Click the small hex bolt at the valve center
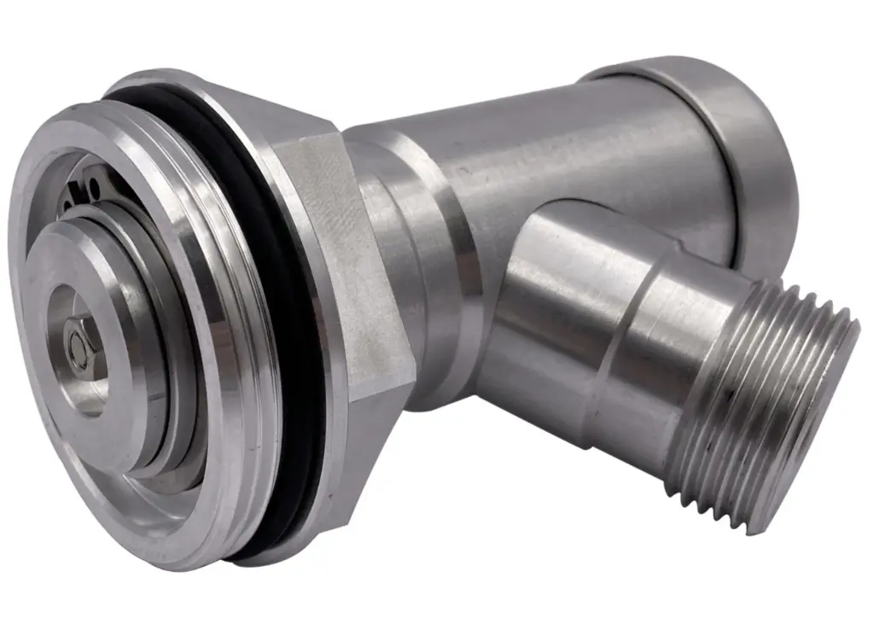click(79, 345)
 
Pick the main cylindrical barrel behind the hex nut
click(580, 145)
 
